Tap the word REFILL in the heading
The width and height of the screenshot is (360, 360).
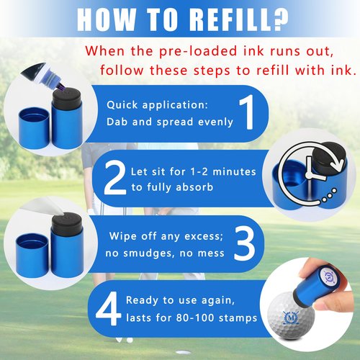(230, 19)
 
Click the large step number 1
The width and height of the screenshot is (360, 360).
(247, 112)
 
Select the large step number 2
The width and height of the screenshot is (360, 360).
(114, 178)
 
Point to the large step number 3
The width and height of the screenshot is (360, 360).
(244, 243)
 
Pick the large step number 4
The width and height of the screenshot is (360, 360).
(109, 308)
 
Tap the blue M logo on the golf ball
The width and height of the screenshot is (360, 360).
(291, 318)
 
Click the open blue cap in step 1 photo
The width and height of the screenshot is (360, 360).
(34, 128)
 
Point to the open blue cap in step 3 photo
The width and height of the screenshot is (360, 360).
(32, 256)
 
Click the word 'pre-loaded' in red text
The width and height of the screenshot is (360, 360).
(198, 52)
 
